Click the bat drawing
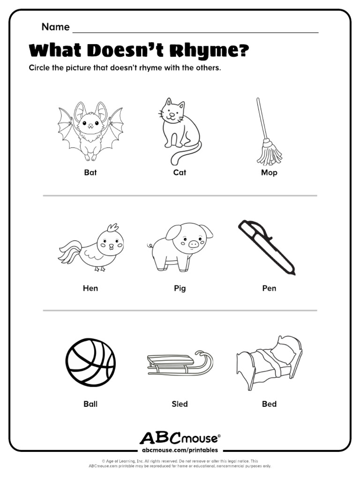[90, 129]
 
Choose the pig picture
[181, 246]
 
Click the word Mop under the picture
[269, 172]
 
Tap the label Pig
[180, 288]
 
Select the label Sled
[180, 404]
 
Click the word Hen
[90, 288]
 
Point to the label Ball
[90, 404]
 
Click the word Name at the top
[55, 27]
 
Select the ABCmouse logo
[180, 438]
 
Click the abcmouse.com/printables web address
[180, 450]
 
